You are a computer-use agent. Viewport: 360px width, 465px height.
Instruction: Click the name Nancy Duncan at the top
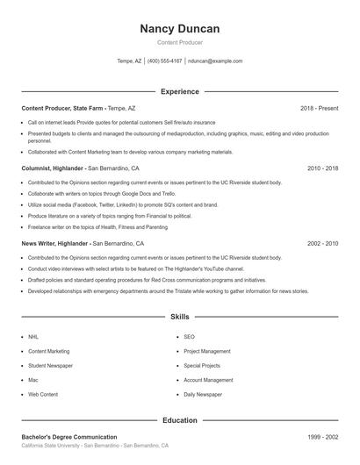[x=179, y=29]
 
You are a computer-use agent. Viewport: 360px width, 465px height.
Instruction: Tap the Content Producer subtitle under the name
[x=179, y=42]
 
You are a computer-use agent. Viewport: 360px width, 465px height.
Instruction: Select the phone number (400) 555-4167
[x=164, y=61]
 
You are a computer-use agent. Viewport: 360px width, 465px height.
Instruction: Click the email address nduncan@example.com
[x=214, y=61]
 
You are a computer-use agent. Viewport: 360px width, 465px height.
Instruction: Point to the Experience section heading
[x=179, y=91]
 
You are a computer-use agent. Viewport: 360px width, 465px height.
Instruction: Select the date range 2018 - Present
[x=319, y=108]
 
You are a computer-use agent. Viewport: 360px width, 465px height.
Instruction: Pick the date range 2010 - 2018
[x=322, y=167]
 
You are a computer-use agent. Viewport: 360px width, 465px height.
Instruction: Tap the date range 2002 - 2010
[x=322, y=243]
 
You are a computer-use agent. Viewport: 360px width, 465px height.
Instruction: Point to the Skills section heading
[x=179, y=316]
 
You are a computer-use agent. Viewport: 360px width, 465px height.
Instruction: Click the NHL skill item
[x=33, y=336]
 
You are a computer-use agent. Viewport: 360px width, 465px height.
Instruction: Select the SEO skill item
[x=189, y=336]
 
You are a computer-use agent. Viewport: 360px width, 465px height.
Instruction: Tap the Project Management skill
[x=207, y=351]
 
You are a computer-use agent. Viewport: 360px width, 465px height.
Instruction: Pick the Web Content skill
[x=43, y=395]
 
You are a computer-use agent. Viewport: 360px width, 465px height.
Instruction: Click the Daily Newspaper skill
[x=203, y=395]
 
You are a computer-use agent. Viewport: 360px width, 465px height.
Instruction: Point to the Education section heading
[x=179, y=420]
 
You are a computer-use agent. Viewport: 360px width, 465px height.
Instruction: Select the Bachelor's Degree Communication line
[x=69, y=437]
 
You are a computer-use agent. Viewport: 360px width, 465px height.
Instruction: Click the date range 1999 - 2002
[x=322, y=437]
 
